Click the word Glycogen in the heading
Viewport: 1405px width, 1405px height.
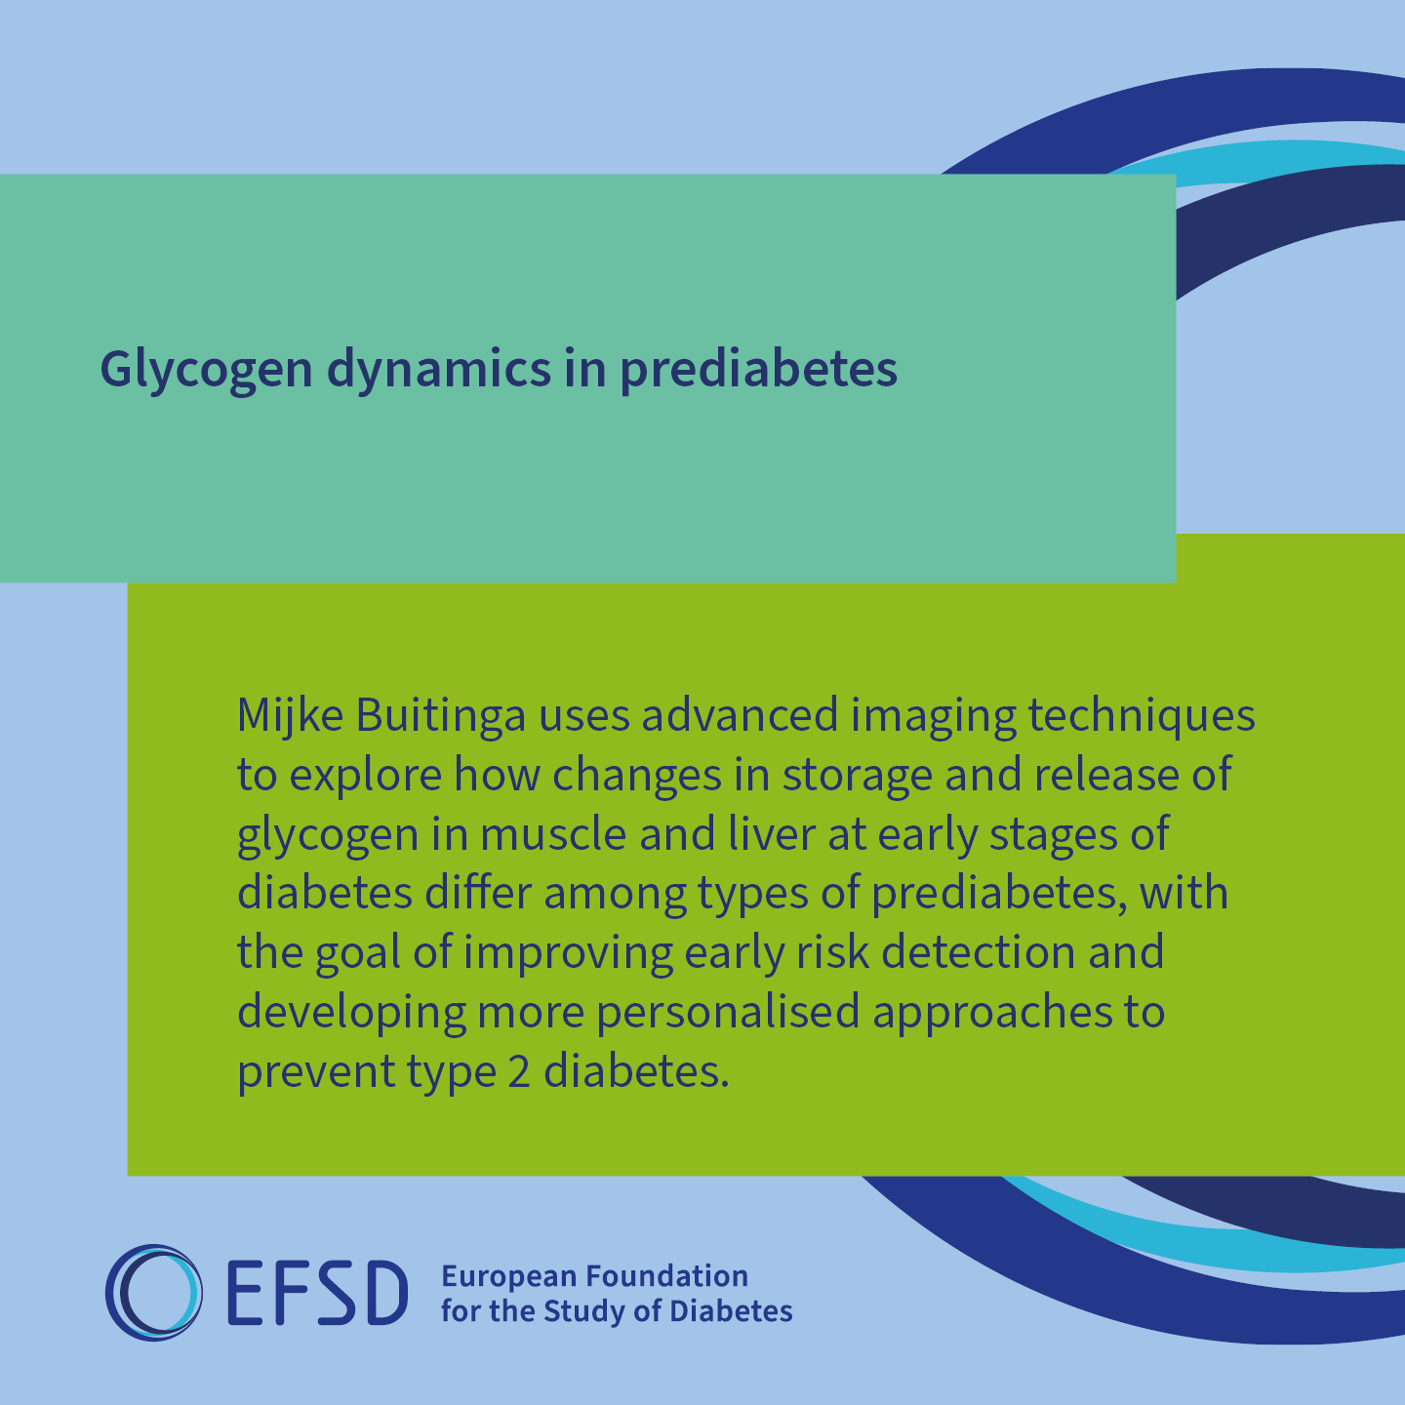pos(206,370)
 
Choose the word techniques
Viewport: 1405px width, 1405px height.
pos(1142,717)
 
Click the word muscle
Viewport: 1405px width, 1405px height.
pos(552,835)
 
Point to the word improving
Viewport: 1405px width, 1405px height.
pos(568,953)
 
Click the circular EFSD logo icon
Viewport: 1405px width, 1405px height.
pos(154,1293)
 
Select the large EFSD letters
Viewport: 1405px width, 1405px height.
pos(318,1293)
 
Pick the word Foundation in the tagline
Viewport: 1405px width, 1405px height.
pos(667,1276)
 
